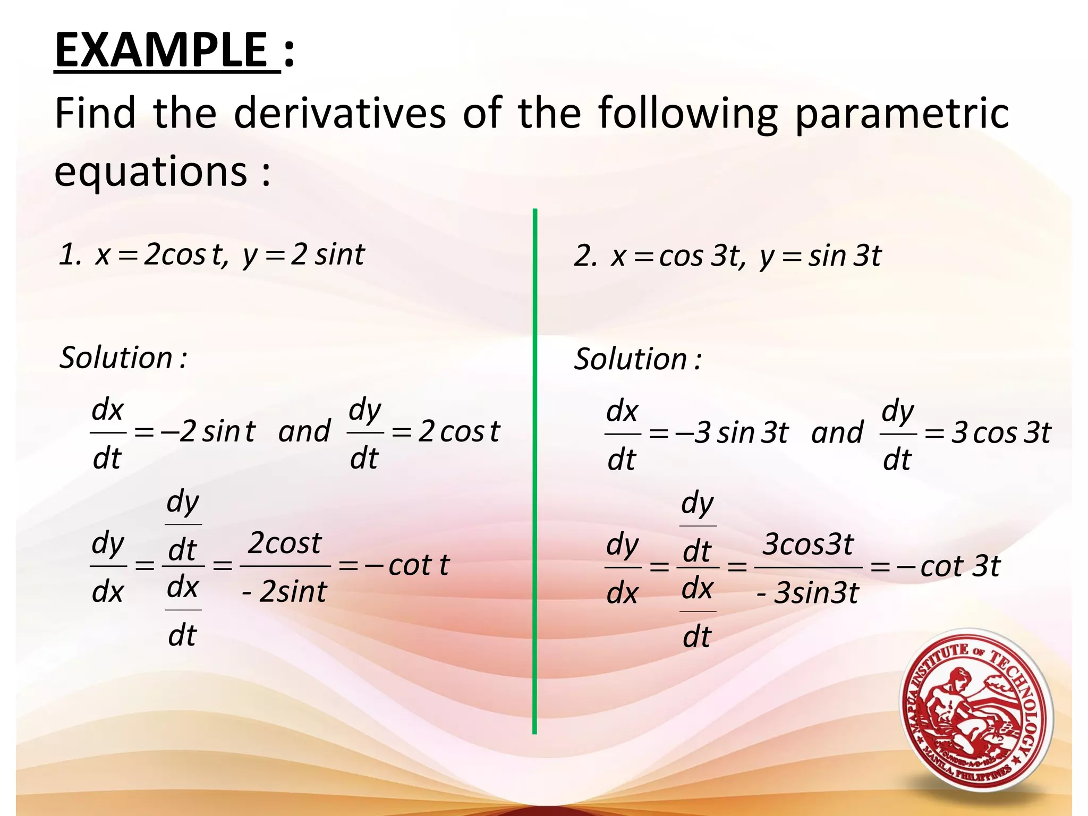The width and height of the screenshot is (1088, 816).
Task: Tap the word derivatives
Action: click(x=340, y=113)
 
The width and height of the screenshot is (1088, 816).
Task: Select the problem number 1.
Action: click(x=69, y=254)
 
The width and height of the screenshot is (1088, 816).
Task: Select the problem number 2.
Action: click(x=585, y=256)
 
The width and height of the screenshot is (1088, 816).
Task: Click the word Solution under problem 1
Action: click(x=116, y=358)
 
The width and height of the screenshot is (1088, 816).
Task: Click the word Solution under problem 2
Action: click(x=631, y=359)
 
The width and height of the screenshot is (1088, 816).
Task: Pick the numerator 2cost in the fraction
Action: click(x=285, y=543)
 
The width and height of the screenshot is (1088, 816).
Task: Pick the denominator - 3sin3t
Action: click(x=808, y=593)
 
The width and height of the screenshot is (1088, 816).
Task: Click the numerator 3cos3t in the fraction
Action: click(x=808, y=545)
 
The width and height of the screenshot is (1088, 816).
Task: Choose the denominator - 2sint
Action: click(x=284, y=592)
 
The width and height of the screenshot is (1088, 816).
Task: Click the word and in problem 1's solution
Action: click(x=304, y=431)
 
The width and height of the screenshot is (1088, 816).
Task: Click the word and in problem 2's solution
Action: click(x=837, y=433)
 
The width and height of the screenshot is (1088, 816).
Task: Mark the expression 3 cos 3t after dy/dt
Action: click(x=1001, y=433)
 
